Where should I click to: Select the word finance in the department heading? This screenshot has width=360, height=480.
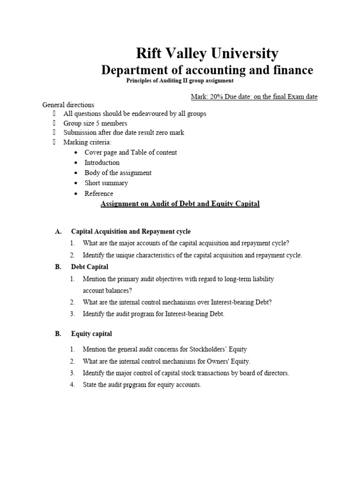click(x=291, y=70)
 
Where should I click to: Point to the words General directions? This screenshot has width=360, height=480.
click(x=68, y=105)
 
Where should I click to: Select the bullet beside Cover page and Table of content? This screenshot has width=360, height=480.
click(x=77, y=153)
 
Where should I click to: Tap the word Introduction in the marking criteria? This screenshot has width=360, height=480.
click(x=102, y=163)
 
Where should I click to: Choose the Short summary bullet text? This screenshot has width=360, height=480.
click(x=106, y=183)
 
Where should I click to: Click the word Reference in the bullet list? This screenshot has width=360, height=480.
click(x=98, y=194)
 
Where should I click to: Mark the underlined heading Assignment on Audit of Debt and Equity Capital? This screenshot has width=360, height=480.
click(x=180, y=204)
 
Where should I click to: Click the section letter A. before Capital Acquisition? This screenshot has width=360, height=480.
click(x=58, y=232)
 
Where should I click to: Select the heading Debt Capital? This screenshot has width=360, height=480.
click(x=90, y=267)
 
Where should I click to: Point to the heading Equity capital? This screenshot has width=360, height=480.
click(x=91, y=334)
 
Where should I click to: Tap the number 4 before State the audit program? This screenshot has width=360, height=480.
click(x=73, y=385)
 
